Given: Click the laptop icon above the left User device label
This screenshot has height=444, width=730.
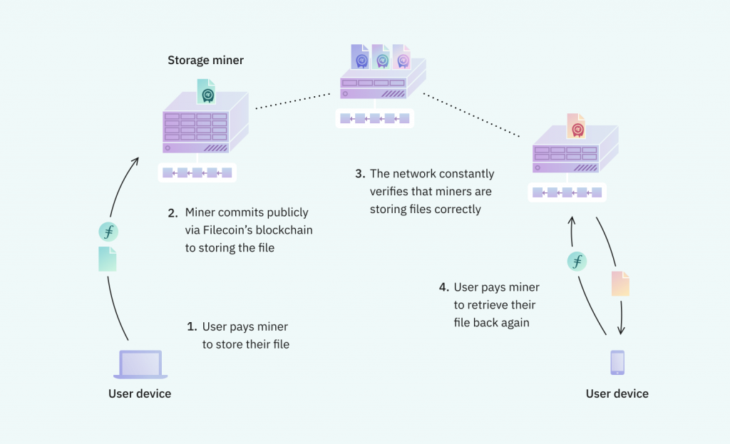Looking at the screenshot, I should [140, 364].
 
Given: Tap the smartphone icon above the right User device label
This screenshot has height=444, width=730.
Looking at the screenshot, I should [617, 363].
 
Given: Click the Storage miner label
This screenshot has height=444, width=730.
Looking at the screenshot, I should [205, 61].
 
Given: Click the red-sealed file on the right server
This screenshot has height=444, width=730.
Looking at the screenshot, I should [575, 127].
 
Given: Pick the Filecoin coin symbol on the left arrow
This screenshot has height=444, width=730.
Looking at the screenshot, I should [108, 232].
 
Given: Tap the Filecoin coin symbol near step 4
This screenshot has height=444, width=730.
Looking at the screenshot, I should [577, 262].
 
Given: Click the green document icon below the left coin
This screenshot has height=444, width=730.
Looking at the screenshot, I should [108, 259].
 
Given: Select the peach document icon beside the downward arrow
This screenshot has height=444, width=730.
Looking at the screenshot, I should [620, 283].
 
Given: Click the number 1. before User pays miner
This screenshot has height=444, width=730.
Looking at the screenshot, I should [191, 326].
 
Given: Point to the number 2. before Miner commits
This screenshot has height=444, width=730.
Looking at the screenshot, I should [173, 212].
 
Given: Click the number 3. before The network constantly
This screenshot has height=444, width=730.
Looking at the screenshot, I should [359, 174].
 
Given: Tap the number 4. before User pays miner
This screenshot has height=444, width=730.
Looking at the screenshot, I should [443, 287].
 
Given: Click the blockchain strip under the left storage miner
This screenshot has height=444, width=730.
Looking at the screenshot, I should [197, 172].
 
